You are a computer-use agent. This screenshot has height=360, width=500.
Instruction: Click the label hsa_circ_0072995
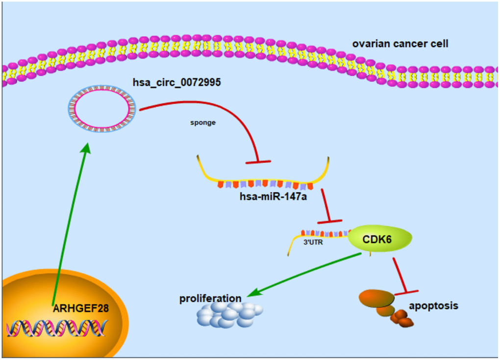tap(176, 82)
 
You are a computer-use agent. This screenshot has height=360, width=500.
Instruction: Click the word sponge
tap(203, 123)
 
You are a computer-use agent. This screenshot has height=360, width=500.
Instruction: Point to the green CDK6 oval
tap(380, 240)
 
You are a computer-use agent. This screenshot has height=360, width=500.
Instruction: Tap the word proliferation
tap(210, 298)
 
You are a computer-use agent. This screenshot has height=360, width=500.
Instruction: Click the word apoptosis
tap(433, 306)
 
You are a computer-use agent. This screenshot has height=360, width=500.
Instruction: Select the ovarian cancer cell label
tap(400, 44)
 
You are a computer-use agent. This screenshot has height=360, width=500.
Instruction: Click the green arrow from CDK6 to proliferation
tap(309, 274)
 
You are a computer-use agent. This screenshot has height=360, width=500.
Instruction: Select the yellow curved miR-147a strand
tap(265, 178)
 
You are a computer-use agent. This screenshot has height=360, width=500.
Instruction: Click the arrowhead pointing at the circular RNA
tap(87, 148)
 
